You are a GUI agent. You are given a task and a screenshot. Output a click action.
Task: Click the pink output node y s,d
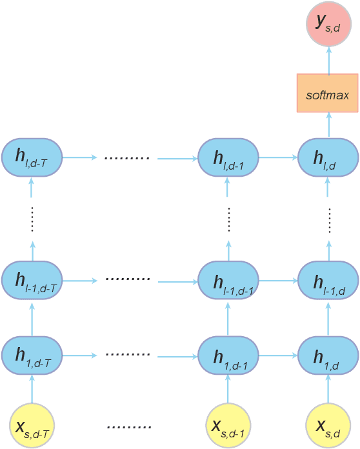coord(328,24)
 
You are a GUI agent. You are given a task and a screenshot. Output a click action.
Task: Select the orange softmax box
coord(328,93)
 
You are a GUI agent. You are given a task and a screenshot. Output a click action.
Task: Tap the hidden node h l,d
coord(328,157)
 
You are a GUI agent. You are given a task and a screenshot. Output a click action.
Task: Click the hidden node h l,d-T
coord(32,157)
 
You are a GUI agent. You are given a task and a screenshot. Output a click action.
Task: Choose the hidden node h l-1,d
coord(328,281)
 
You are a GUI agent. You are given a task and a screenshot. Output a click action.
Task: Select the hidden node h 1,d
coord(328,354)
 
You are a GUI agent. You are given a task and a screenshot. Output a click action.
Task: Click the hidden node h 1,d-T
coord(32,354)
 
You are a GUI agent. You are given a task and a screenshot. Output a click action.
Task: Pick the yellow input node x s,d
coord(328,424)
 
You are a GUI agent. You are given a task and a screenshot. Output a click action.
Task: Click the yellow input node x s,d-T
coord(32,424)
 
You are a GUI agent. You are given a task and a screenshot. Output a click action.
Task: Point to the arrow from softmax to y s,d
coord(328,60)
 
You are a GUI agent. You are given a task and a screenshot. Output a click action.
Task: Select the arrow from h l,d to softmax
coord(328,125)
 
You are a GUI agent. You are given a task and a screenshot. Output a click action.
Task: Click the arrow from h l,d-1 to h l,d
coord(278,157)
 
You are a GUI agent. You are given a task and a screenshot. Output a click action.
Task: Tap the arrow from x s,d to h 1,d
coord(328,388)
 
